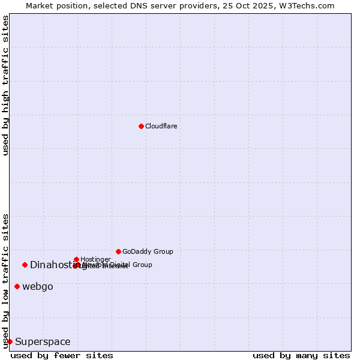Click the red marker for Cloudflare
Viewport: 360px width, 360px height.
point(141,126)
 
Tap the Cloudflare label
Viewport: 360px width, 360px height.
point(161,126)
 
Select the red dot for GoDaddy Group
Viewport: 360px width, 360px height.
point(118,251)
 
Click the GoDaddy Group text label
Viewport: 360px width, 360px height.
point(148,251)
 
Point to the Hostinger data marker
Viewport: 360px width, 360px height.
point(76,259)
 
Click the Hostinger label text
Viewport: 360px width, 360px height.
point(95,259)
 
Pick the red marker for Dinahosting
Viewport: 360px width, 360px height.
point(25,265)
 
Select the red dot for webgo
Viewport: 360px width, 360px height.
point(17,286)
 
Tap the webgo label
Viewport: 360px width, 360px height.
point(38,287)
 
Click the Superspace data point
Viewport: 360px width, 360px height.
point(10,341)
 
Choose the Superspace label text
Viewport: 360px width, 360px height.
point(43,342)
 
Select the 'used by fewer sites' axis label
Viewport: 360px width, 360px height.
point(62,355)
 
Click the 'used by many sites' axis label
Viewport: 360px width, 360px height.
point(301,355)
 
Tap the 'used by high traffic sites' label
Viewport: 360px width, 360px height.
point(5,85)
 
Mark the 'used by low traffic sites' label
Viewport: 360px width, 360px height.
point(5,281)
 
